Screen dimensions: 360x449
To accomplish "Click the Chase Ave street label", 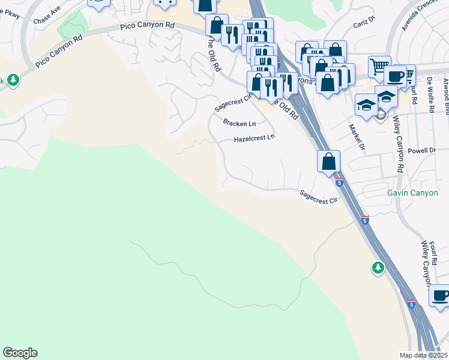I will coord(47,19).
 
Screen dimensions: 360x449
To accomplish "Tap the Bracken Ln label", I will coord(240,123).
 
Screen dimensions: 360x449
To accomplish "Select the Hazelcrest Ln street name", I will coord(254,137).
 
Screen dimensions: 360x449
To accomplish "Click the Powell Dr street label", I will coord(421,151).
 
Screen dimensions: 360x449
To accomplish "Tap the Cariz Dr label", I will coord(364,22).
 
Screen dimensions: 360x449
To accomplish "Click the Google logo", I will coord(20,353).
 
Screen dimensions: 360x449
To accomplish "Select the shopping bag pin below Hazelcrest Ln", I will coord(328,161).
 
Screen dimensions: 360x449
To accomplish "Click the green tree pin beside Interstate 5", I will coord(378,267).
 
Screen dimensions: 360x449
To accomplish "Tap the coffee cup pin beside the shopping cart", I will coord(396,76).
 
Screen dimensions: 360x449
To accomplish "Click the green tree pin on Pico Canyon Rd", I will coord(11,80).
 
